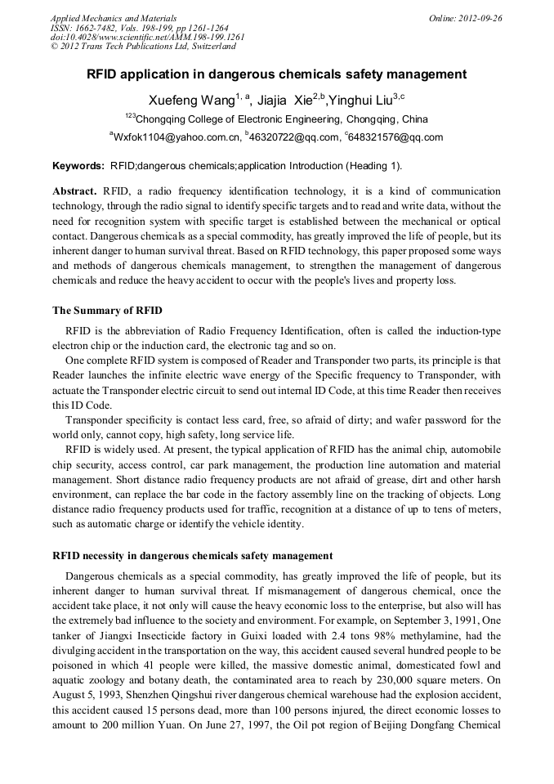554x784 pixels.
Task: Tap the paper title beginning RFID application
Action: pos(277,74)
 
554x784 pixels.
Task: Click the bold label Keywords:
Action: pos(78,166)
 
